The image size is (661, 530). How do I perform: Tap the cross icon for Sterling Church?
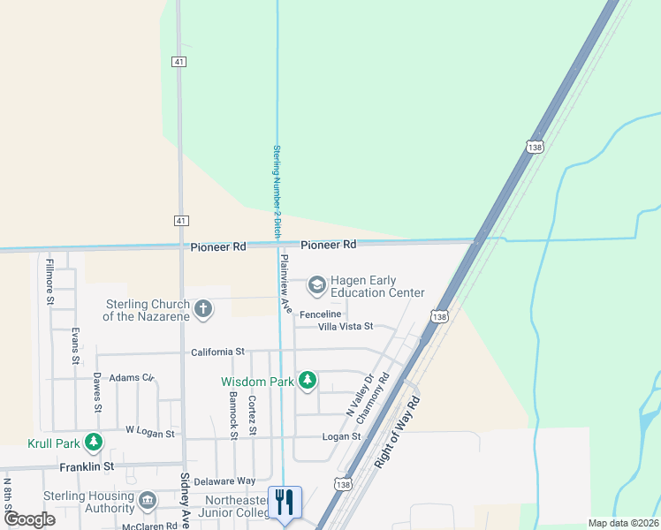point(204,309)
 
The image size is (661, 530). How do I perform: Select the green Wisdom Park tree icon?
point(307,381)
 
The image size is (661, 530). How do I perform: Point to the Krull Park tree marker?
point(93,443)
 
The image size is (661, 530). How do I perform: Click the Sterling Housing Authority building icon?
point(148,501)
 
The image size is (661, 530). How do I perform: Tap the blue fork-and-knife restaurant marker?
point(285,503)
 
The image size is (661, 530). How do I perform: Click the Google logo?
point(29,519)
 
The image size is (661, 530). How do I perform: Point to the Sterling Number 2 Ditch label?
point(277,191)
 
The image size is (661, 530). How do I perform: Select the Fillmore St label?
point(50,281)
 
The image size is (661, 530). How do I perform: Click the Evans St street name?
point(76,346)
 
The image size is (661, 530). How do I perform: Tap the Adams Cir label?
point(132,377)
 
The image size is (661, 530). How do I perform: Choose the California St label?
point(217,352)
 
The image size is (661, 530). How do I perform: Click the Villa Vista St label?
point(333,326)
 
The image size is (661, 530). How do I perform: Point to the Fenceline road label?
point(320,314)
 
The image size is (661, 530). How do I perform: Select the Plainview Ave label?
point(285,283)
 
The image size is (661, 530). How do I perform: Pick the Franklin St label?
point(87,466)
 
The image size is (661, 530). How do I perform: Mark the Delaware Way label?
point(224,481)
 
